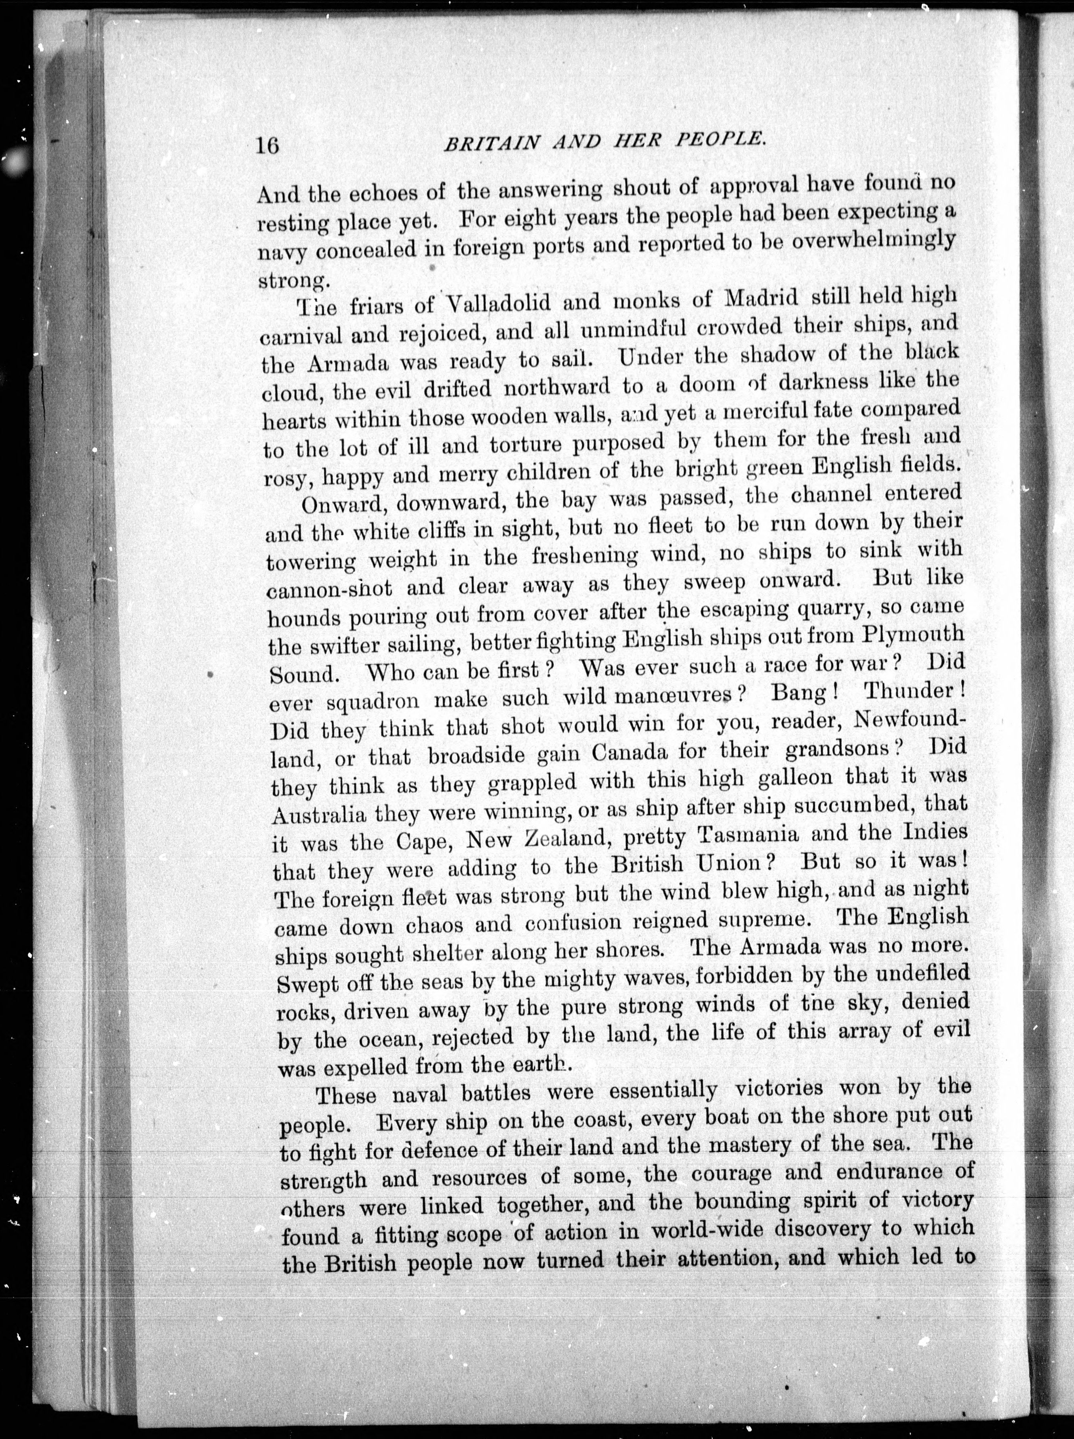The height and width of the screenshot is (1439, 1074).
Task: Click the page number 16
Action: tap(268, 145)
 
